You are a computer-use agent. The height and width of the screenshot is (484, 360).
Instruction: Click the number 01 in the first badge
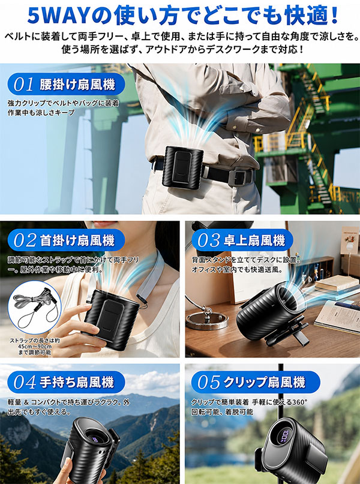[x=23, y=85]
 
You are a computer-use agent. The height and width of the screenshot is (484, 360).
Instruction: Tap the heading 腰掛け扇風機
[x=77, y=85]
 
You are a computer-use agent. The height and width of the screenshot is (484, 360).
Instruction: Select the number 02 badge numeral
[x=25, y=241]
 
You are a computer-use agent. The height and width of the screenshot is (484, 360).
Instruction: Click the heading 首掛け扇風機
[x=77, y=241]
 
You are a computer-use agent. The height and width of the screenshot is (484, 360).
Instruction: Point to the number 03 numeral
[x=209, y=240]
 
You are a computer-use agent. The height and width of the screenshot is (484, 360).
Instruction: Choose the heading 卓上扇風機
[x=254, y=241]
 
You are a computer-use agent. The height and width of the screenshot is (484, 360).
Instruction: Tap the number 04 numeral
[x=25, y=383]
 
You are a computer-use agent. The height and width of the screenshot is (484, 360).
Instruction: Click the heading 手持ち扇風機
[x=77, y=383]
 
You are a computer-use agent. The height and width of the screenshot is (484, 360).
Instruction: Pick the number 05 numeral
[x=209, y=383]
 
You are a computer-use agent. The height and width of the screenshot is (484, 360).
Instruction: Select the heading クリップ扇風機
[x=264, y=383]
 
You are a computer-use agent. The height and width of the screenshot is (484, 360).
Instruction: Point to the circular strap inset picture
[x=35, y=309]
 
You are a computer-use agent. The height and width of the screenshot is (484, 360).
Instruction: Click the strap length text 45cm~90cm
[x=35, y=347]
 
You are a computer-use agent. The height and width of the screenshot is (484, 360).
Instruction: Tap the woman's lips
[x=102, y=224]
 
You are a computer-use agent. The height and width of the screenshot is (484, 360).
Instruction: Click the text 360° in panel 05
[x=299, y=402]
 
